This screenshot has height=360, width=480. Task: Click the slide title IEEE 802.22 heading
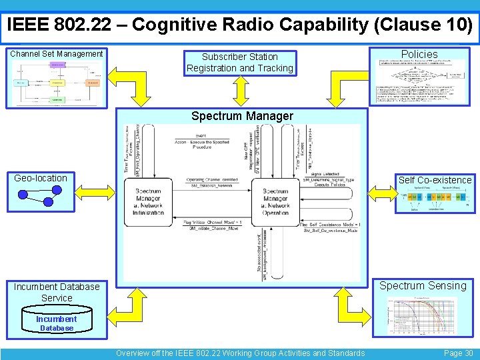tap(240, 25)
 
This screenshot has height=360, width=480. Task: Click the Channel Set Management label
tap(57, 54)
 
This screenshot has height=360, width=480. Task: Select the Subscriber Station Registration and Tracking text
tap(240, 62)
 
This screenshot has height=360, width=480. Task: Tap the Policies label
tap(419, 54)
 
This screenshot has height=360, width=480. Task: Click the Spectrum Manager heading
tap(242, 116)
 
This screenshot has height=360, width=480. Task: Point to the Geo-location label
tap(41, 178)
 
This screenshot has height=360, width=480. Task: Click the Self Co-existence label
tap(435, 180)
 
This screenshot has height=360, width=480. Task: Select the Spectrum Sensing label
tap(423, 286)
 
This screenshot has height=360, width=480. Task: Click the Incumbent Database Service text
tap(57, 292)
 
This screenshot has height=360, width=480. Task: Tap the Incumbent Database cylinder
tap(57, 322)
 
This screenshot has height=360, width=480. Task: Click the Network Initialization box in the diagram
tap(148, 201)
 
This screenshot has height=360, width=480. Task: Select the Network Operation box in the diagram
tap(275, 201)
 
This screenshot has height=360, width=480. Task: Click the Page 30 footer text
tap(458, 353)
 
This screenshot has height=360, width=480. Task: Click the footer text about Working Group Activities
tap(240, 353)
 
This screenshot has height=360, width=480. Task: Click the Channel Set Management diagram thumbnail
tap(57, 83)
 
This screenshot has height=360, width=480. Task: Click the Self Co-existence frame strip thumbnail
tap(435, 199)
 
